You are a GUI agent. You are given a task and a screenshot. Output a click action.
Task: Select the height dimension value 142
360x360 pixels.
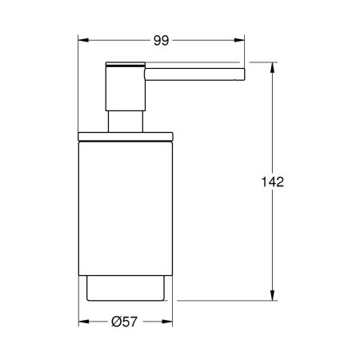(273, 182)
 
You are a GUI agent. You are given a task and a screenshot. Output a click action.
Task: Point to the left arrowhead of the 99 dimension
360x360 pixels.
(83, 38)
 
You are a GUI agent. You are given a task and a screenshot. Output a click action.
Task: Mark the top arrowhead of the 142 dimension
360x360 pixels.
(273, 66)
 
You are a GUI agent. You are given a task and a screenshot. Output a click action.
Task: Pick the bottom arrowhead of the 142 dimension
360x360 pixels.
(273, 296)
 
